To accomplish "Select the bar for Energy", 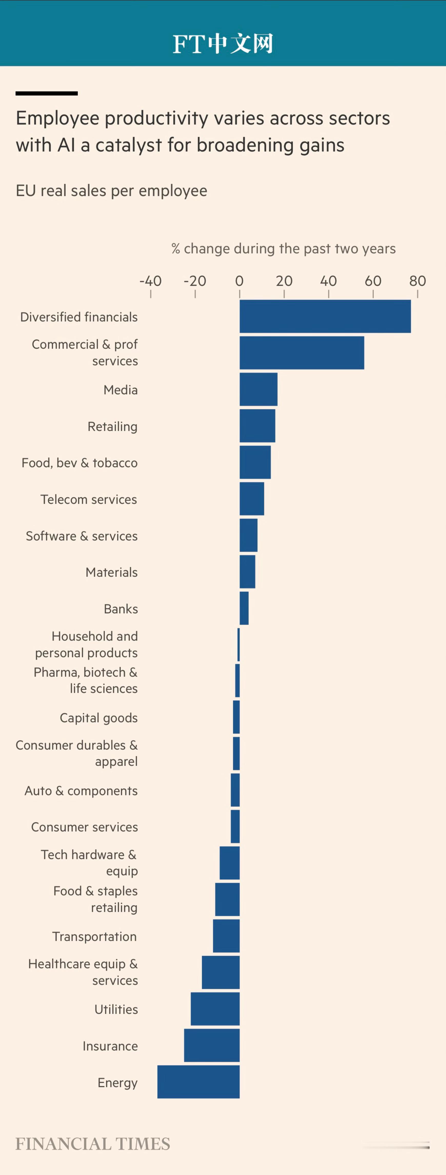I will [199, 1082].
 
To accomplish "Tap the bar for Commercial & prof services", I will [302, 353].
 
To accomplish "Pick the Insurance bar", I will [212, 1046].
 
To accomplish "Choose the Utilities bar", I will [215, 1009].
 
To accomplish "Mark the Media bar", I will [258, 389].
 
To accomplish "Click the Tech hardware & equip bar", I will [230, 863].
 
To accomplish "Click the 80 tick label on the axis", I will [417, 281].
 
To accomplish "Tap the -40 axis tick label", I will [150, 281].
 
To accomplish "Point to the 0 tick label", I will [239, 281].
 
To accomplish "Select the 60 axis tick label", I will [373, 281].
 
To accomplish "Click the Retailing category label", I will [112, 426].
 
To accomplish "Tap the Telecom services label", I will [88, 499].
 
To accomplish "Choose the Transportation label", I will [94, 936].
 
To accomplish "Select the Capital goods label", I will [98, 718].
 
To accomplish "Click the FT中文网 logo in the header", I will [223, 44].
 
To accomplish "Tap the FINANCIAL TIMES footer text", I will [93, 1144].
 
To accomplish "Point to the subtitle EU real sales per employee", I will [111, 191].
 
